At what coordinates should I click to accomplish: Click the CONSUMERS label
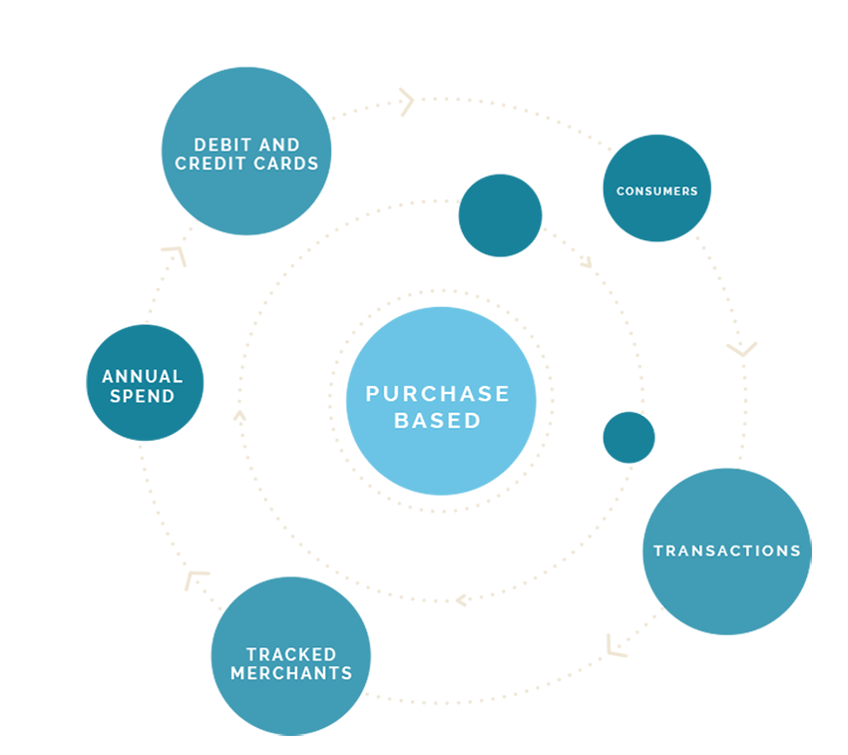click(x=656, y=190)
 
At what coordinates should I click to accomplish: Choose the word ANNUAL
click(x=143, y=377)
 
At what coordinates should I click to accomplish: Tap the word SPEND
click(x=143, y=396)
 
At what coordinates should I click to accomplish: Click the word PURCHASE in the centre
click(x=437, y=394)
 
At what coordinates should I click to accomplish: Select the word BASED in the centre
click(x=437, y=420)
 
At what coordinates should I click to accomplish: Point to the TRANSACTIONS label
click(x=726, y=551)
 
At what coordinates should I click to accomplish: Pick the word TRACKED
click(x=291, y=654)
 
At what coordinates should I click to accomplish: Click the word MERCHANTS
click(x=291, y=673)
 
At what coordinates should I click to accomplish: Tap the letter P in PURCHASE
click(x=372, y=394)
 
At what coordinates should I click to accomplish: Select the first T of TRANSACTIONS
click(x=658, y=551)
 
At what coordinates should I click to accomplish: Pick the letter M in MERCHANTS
click(x=237, y=673)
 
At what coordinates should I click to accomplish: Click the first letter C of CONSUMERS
click(x=620, y=190)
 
